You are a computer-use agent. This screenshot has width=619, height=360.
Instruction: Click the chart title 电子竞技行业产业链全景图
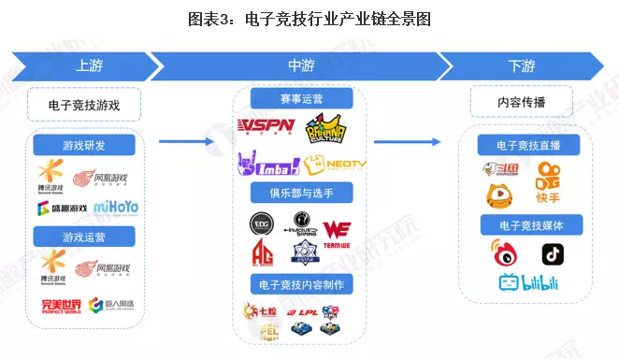(x=309, y=19)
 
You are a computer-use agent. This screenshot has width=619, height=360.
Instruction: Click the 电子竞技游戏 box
(x=84, y=105)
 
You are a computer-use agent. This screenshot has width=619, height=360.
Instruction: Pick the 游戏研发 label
(x=84, y=146)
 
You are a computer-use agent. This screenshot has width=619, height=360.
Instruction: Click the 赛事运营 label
(x=301, y=99)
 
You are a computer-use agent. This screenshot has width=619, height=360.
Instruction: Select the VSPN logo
(x=267, y=126)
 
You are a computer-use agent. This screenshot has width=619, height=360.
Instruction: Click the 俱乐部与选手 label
(x=301, y=194)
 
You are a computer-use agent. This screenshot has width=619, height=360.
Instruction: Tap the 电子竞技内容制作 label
(x=301, y=282)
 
